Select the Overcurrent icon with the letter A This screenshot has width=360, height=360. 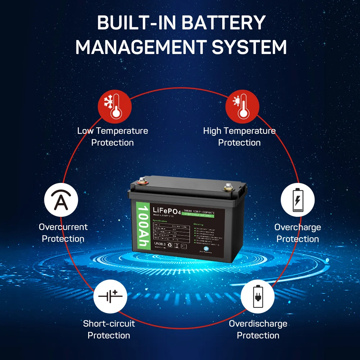pyautogui.click(x=61, y=199)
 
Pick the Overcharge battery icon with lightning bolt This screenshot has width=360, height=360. pyautogui.click(x=298, y=199)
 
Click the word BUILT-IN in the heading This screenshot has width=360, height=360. pyautogui.click(x=136, y=23)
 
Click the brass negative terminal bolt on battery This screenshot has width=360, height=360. pyautogui.click(x=228, y=187)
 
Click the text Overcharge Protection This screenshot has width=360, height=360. pyautogui.click(x=297, y=233)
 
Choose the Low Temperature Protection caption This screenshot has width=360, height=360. pyautogui.click(x=112, y=136)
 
